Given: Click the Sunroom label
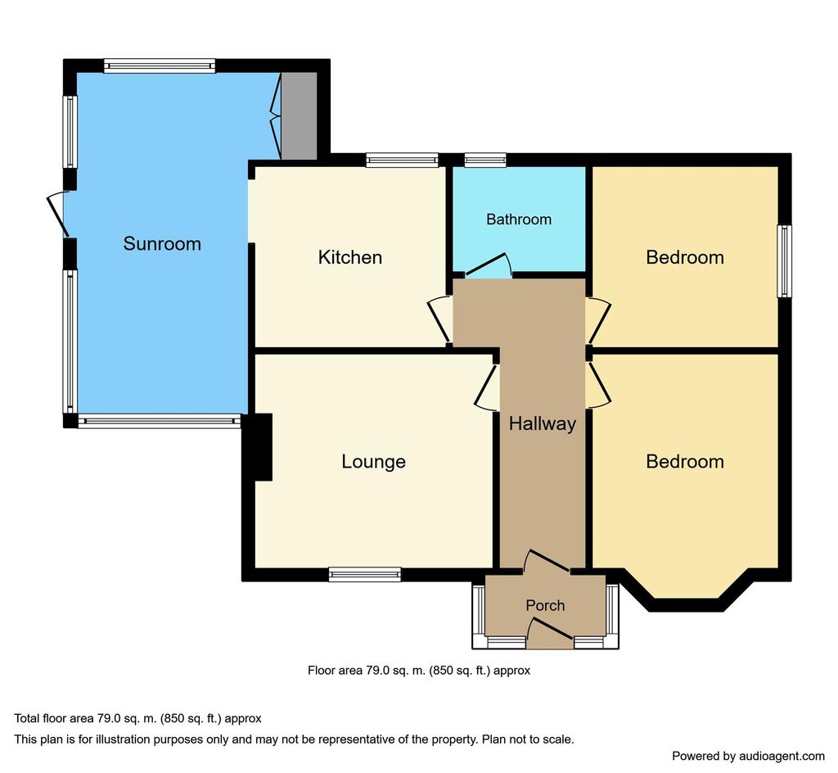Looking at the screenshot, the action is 162,244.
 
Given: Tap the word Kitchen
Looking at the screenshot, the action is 350,257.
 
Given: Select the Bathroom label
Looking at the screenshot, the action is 519,219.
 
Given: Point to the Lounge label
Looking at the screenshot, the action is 373,461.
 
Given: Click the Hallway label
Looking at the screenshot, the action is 543,423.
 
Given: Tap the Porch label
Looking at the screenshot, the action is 545,605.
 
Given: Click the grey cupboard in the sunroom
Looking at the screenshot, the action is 300,115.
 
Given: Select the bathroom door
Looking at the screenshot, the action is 488,265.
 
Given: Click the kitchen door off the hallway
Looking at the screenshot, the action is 439,319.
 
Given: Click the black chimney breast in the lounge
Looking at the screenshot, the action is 258,447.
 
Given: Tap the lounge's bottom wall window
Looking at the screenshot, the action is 365,574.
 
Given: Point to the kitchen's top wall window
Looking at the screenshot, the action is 402,160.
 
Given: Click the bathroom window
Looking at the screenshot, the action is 485,160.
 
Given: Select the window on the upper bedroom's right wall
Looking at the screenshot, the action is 785,261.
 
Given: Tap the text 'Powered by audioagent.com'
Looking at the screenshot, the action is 748,756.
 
